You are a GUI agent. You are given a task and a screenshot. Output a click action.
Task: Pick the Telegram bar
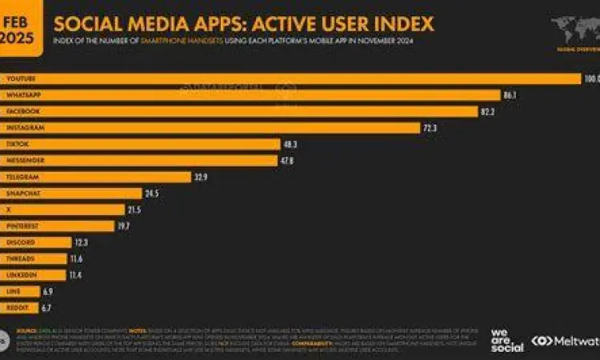click(x=96, y=177)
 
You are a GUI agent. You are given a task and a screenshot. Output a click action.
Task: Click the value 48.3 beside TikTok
click(x=290, y=144)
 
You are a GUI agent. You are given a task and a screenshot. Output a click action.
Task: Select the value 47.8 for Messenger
click(x=286, y=160)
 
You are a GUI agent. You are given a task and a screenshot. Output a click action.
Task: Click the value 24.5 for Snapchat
click(x=153, y=194)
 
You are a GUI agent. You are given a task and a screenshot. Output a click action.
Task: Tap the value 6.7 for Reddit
click(x=46, y=308)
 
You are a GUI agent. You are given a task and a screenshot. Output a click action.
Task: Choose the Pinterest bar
click(x=58, y=226)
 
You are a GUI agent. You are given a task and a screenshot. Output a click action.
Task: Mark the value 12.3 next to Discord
click(x=81, y=242)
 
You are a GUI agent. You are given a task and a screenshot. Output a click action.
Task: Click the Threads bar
click(x=34, y=259)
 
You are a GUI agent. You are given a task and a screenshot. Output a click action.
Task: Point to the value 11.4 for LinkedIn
click(x=76, y=275)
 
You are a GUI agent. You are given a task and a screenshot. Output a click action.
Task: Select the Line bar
click(x=19, y=292)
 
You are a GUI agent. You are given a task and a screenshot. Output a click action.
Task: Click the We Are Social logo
click(x=507, y=339)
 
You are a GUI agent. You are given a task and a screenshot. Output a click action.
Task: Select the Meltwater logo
click(x=566, y=341)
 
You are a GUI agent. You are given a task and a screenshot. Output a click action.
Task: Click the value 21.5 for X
click(x=134, y=210)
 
